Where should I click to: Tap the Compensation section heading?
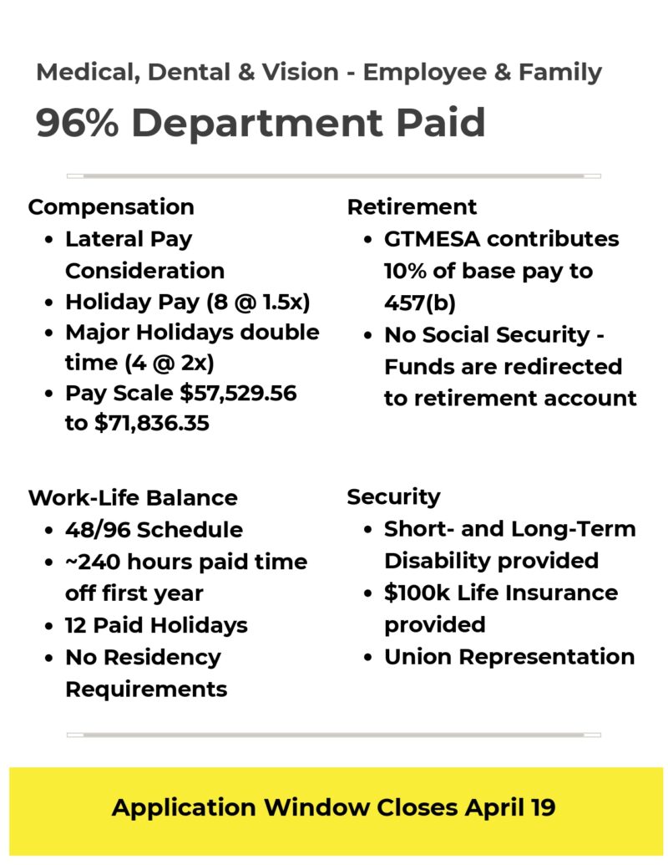pyautogui.click(x=111, y=206)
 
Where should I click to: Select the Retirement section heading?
pyautogui.click(x=412, y=206)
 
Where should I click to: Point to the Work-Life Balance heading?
pyautogui.click(x=133, y=497)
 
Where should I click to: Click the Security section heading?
pyautogui.click(x=393, y=496)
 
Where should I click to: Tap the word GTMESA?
pyautogui.click(x=431, y=239)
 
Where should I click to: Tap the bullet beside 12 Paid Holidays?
pyautogui.click(x=50, y=626)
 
